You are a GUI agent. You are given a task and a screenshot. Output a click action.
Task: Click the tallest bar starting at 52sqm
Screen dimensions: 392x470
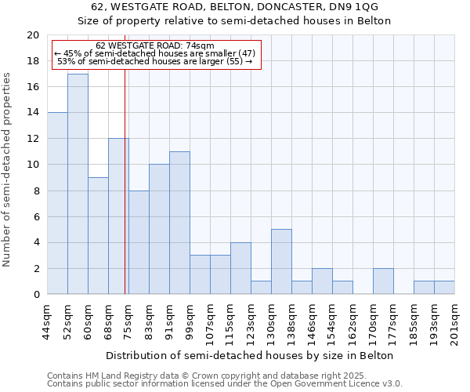pos(78,184)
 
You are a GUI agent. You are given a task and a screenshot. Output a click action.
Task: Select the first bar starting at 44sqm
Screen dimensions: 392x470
pos(57,203)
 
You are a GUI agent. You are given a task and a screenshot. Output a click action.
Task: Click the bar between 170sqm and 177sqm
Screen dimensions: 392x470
pos(383,281)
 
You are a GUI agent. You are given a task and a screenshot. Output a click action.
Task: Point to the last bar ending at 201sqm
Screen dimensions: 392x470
pos(444,288)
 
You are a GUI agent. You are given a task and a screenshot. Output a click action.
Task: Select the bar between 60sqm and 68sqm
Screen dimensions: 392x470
pos(98,236)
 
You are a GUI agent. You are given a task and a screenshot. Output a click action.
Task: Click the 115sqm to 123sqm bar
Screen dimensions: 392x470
pos(240,268)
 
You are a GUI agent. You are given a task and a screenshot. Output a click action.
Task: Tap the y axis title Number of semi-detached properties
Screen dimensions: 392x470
pos(8,169)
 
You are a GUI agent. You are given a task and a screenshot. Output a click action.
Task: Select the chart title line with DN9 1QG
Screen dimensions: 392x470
pos(234,7)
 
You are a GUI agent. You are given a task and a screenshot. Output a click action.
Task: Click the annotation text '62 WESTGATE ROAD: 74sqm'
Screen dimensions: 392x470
pos(154,46)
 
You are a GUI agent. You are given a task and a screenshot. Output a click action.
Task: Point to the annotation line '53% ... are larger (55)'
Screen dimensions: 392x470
pos(154,61)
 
